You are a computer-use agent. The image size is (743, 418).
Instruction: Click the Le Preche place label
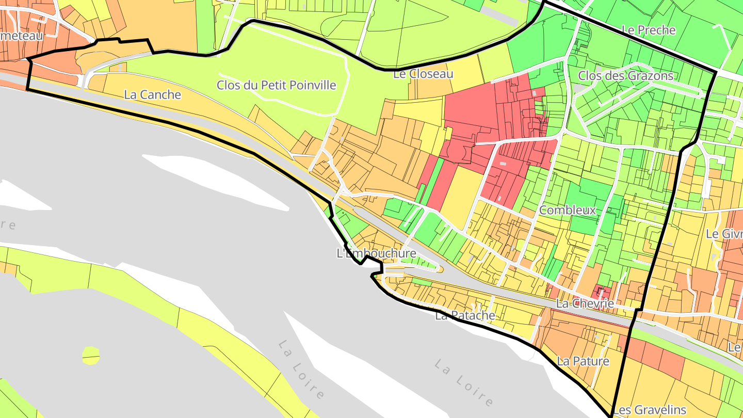click(x=649, y=30)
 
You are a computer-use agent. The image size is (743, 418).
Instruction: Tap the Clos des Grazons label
click(x=625, y=76)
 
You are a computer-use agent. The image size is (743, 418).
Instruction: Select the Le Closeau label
click(x=423, y=74)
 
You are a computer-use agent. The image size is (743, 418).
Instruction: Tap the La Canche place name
click(x=153, y=94)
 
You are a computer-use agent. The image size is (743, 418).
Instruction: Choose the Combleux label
click(x=567, y=210)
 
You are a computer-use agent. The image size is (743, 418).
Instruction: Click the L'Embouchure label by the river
click(x=376, y=253)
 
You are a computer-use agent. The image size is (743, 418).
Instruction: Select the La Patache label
click(x=465, y=315)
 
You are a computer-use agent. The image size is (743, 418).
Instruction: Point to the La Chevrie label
click(x=585, y=303)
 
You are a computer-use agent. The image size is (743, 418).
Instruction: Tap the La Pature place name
click(x=583, y=361)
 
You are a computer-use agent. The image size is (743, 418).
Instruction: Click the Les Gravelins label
click(x=650, y=410)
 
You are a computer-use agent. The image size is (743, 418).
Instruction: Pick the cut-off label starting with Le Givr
click(x=724, y=234)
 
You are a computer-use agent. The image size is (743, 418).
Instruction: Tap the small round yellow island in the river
click(x=91, y=355)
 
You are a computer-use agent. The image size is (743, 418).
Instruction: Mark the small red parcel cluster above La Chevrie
click(x=603, y=292)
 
